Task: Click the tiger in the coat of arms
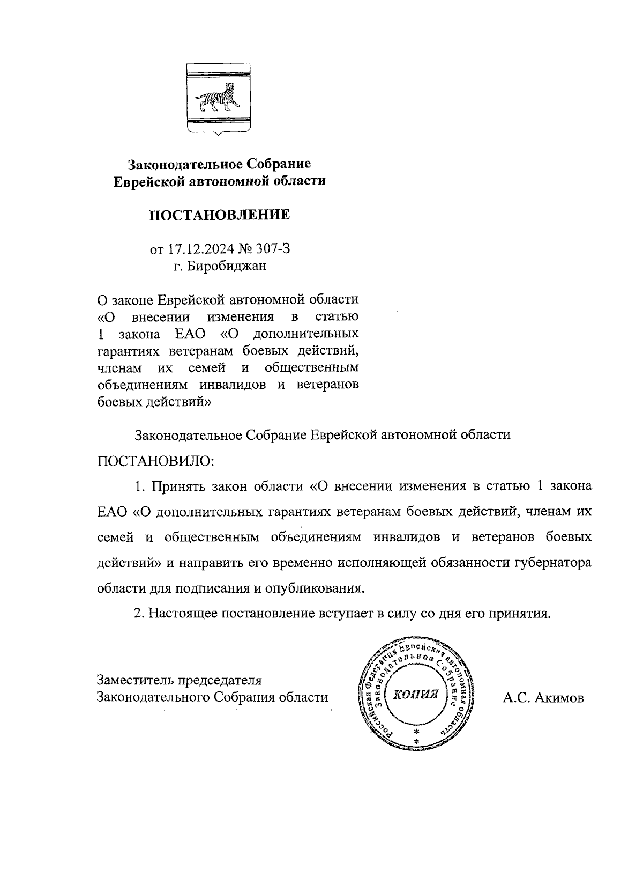[x=218, y=99]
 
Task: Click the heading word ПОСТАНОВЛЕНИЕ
[x=219, y=216]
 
